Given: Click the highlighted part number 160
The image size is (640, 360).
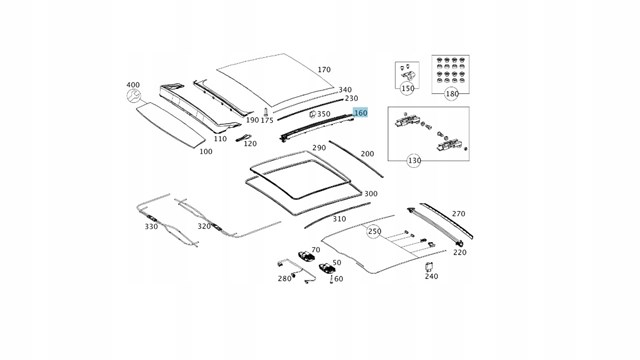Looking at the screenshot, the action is [x=361, y=112].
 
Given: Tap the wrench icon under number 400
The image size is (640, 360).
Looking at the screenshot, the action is [x=133, y=96].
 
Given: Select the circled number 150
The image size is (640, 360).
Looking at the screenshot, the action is [x=407, y=88].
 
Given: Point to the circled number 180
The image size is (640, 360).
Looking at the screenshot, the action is [x=451, y=94].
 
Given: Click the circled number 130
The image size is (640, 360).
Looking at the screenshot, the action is [x=414, y=160].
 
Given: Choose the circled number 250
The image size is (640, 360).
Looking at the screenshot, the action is [x=374, y=231].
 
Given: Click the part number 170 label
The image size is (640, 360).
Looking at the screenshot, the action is [x=324, y=70].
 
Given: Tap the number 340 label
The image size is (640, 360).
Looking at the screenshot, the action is [x=345, y=90].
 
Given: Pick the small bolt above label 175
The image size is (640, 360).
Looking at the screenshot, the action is [x=266, y=112].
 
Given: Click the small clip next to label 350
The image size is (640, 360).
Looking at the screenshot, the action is [x=312, y=114].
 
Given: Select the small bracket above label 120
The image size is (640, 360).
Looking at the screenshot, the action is [x=243, y=137].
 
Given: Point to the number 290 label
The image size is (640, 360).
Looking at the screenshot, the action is [x=319, y=148].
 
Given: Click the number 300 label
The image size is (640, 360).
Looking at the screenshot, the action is [x=371, y=193].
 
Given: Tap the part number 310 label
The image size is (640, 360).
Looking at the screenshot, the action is [x=339, y=219].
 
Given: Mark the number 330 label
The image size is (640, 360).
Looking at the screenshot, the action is [x=151, y=226].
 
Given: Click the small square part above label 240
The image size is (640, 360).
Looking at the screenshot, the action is [x=429, y=266].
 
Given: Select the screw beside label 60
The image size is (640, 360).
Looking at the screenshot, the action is [x=331, y=279].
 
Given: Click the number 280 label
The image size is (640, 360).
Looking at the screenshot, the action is [x=284, y=278].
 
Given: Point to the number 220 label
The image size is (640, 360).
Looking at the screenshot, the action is [x=460, y=252].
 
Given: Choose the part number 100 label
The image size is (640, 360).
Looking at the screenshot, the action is [x=206, y=151].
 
